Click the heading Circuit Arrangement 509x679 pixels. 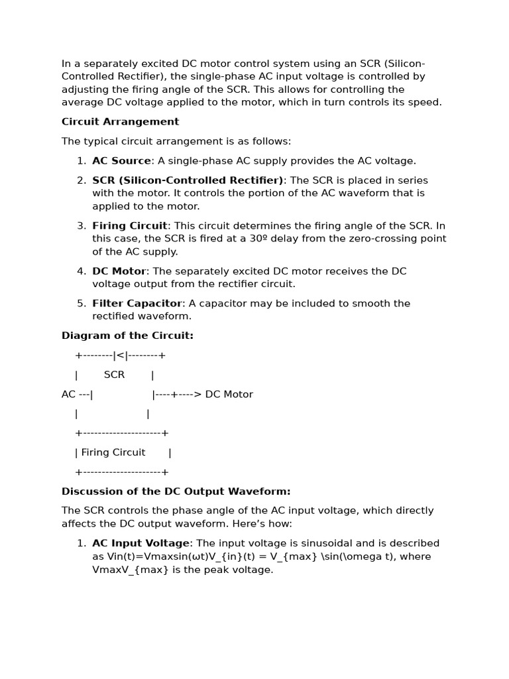coord(120,122)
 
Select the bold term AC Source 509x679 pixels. coord(121,161)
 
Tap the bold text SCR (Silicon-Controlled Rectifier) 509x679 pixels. coord(188,180)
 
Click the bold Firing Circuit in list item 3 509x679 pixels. coord(129,226)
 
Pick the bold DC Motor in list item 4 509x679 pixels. coord(119,271)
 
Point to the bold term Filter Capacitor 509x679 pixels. coord(137,304)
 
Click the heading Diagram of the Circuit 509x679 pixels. coord(127,336)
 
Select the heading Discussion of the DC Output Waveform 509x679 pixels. coord(176,491)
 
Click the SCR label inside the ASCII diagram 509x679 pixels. coord(114,375)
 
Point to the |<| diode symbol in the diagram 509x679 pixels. coord(121,355)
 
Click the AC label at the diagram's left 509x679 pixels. coord(68,395)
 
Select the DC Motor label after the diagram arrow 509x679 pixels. coord(229,395)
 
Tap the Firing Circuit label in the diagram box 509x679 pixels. coord(113,453)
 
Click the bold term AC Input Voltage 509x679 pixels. coord(141,544)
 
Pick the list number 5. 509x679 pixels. coord(81,304)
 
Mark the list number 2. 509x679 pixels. coord(81,180)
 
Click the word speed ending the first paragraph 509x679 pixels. coord(425,103)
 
